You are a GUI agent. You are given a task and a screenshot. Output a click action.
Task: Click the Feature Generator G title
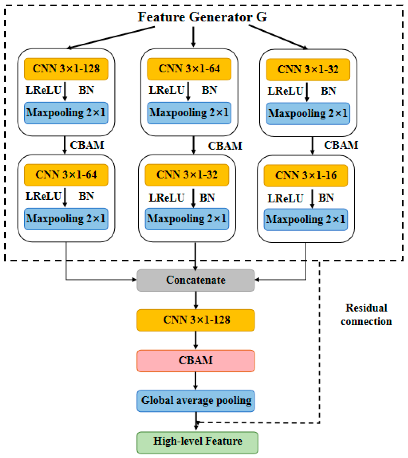[202, 17]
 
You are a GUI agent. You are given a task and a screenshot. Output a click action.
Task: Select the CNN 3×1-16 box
[306, 176]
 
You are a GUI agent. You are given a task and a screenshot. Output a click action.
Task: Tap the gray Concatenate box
[196, 280]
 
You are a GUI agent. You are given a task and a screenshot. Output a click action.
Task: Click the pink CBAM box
[196, 360]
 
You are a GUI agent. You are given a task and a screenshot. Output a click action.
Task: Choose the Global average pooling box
[196, 401]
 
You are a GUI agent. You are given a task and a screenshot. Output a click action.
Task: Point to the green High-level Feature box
[197, 442]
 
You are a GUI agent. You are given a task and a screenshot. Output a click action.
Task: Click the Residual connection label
[366, 315]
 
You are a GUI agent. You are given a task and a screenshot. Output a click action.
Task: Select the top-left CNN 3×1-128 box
[66, 69]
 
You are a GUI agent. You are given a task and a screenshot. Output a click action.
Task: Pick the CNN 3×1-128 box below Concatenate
[196, 320]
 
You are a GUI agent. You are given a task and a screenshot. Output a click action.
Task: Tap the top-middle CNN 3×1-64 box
[189, 69]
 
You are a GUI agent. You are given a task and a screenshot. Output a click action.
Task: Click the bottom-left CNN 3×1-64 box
[66, 175]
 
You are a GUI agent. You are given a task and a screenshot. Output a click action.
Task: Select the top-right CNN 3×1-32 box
[308, 70]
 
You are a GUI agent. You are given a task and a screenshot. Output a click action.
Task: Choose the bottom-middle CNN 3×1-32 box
[187, 175]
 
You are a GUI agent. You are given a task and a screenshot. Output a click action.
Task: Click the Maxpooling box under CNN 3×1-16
[306, 220]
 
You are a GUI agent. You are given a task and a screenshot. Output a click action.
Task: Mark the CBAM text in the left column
[87, 145]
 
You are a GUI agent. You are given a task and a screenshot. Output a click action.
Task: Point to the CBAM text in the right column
[341, 145]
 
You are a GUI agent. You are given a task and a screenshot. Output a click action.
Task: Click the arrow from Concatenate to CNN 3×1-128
[196, 300]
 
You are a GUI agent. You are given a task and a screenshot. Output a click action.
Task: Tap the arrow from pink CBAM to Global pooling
[196, 381]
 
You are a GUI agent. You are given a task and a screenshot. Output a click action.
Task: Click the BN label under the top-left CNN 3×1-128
[86, 90]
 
